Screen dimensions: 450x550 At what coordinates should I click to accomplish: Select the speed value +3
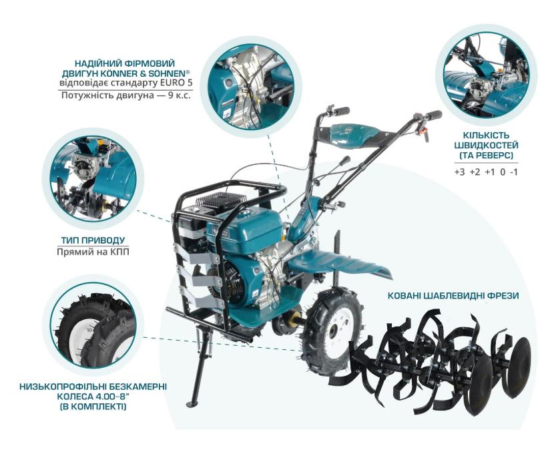(459, 172)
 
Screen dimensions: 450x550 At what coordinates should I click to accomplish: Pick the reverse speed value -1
(513, 172)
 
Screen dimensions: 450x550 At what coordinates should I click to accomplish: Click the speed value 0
(501, 172)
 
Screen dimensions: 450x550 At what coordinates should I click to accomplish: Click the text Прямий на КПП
(93, 252)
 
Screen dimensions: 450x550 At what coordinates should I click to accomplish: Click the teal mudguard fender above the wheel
(340, 261)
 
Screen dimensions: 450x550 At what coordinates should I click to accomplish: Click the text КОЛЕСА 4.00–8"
(93, 396)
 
